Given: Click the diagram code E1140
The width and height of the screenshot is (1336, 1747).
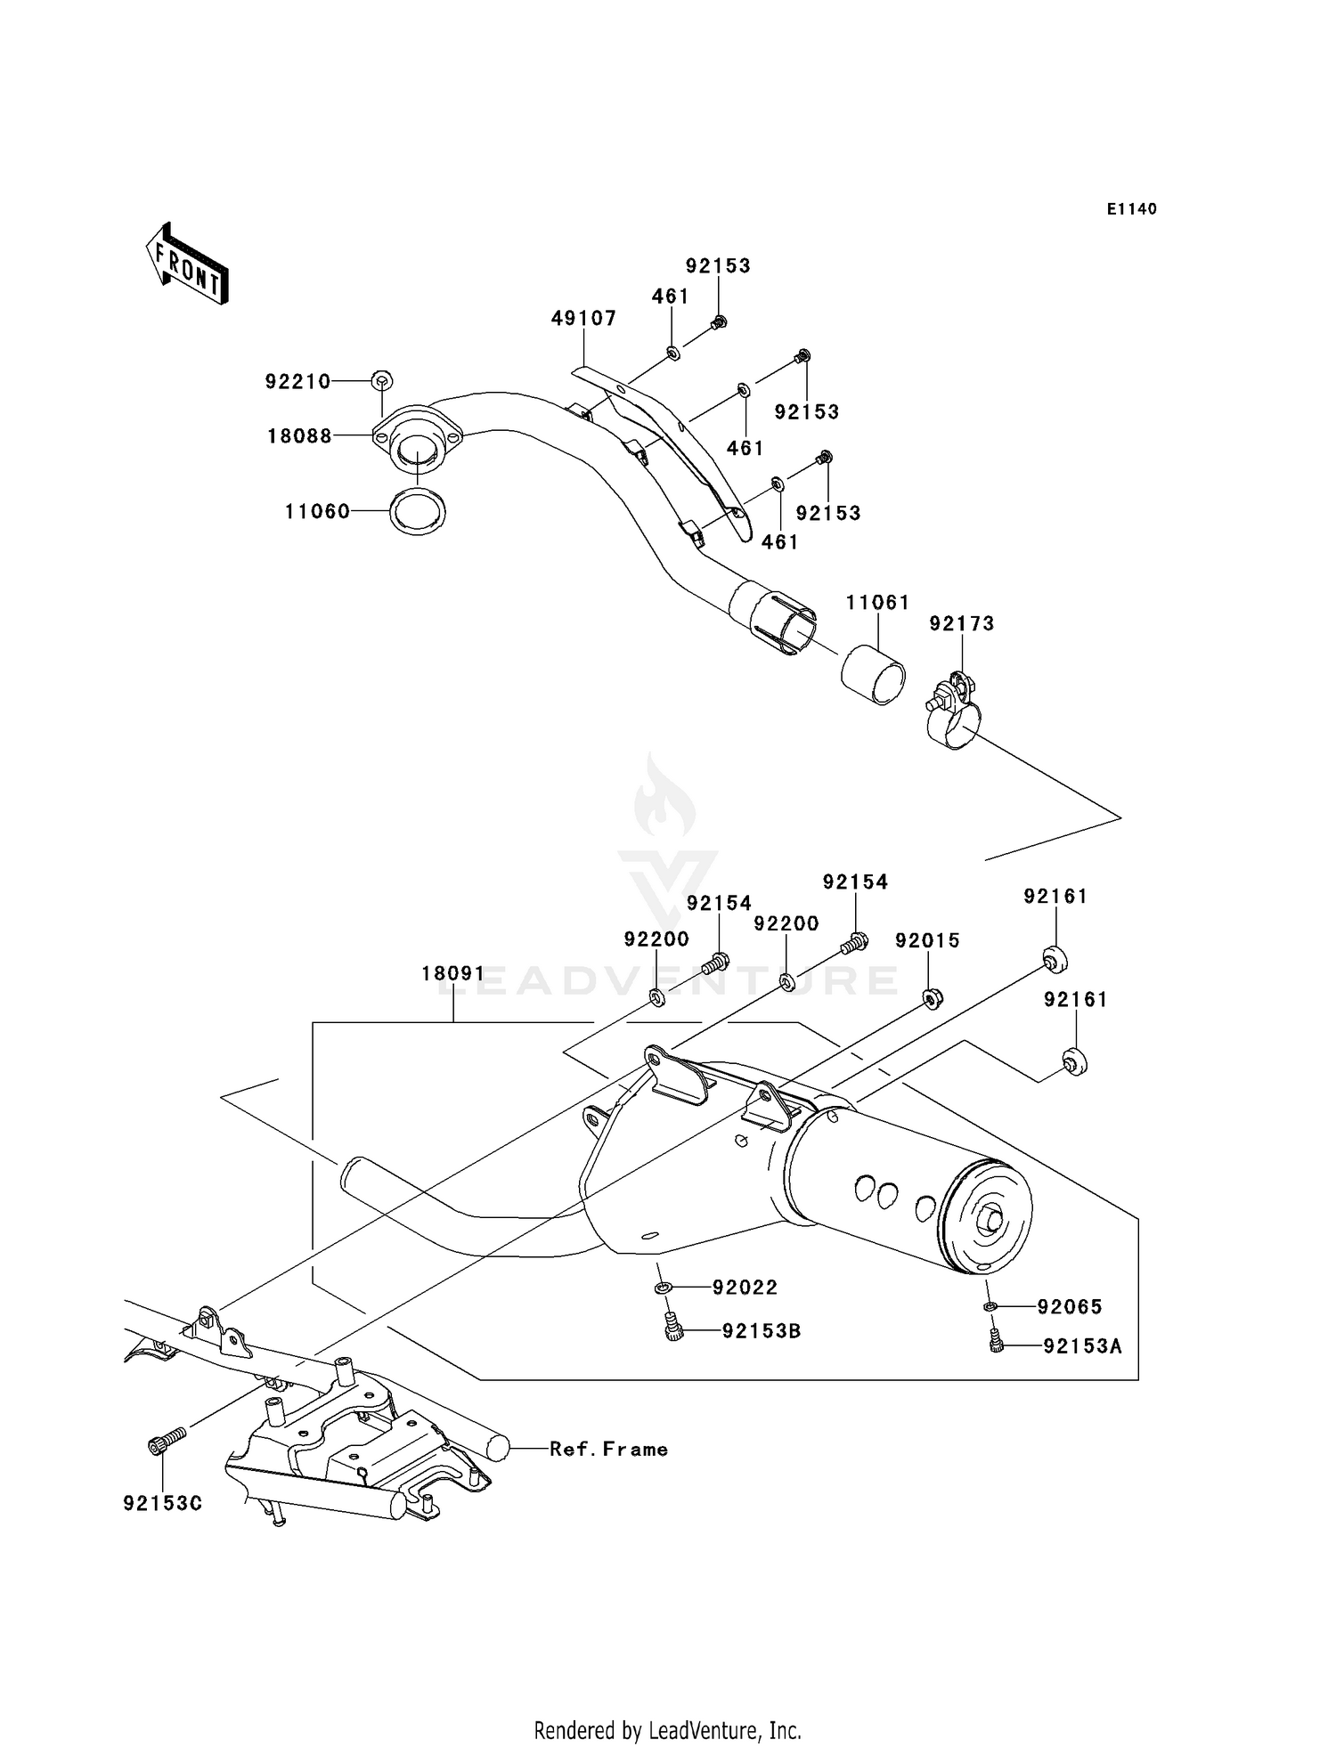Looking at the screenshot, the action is (1132, 209).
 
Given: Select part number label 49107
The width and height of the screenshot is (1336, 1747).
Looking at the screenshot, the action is (584, 319).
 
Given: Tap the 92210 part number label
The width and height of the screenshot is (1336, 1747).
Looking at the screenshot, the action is (297, 382).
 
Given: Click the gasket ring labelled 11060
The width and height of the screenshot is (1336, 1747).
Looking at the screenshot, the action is (418, 512).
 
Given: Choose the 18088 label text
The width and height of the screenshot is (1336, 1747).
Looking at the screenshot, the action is (299, 436).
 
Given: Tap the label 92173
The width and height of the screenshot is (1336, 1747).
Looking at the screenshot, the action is (962, 624).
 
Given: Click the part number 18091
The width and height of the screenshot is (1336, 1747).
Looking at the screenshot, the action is (453, 974).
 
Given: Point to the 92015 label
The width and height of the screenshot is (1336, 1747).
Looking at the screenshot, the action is (927, 941).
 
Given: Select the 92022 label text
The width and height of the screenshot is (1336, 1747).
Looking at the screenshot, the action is (745, 1288).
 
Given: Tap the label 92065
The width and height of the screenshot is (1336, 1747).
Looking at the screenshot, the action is (1070, 1307).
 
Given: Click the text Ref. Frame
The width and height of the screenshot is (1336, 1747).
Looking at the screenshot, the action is (608, 1450).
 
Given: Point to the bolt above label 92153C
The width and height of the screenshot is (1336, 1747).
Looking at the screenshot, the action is (167, 1442).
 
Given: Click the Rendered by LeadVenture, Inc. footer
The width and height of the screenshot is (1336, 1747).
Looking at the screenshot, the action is (668, 1730).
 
